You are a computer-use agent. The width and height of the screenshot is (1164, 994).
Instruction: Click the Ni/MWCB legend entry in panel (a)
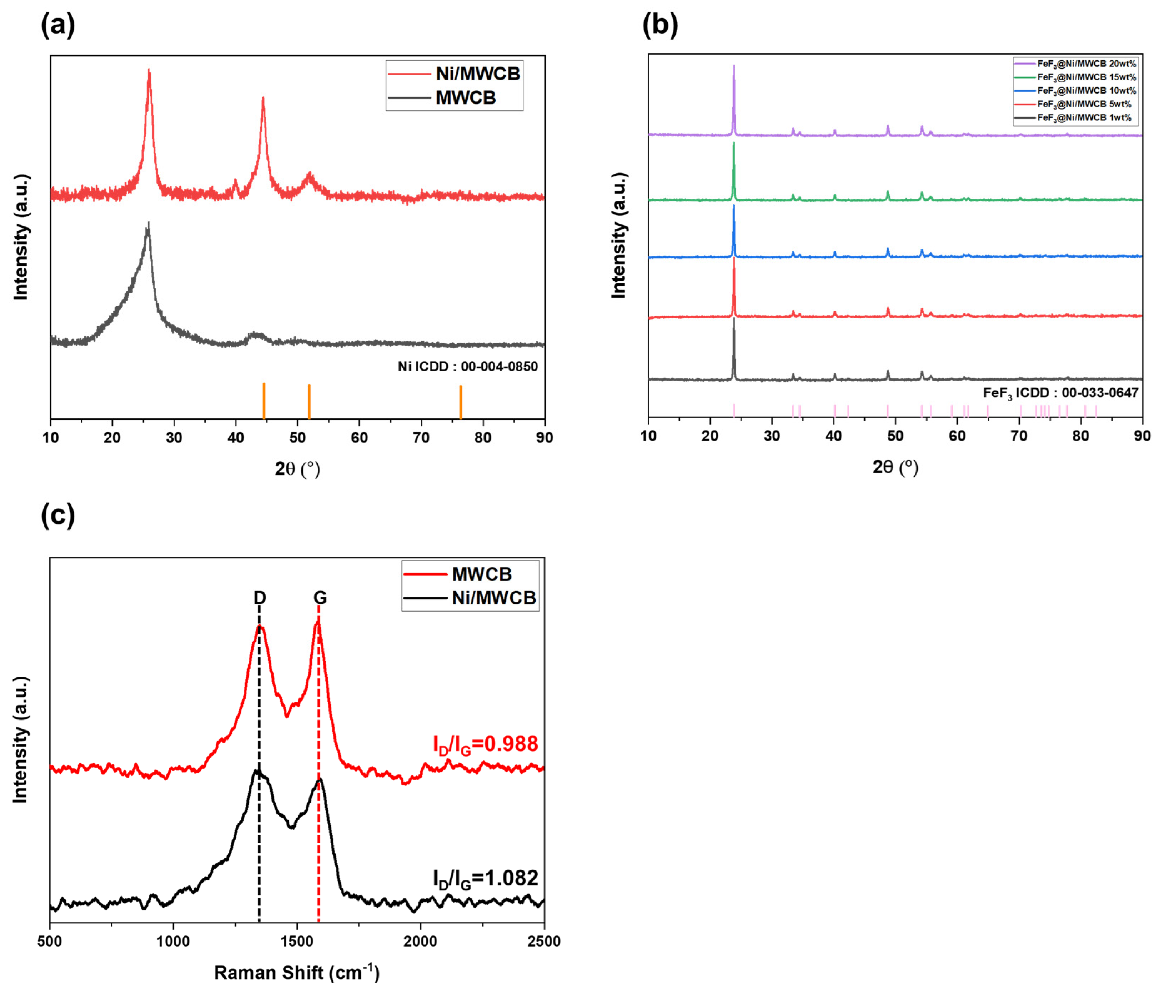[x=477, y=74]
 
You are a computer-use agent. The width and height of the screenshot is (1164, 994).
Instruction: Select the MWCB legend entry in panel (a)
[x=465, y=98]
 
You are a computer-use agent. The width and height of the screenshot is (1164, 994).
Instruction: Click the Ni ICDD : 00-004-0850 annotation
[x=467, y=366]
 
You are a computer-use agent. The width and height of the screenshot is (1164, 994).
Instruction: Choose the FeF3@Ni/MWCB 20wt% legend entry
[x=1086, y=64]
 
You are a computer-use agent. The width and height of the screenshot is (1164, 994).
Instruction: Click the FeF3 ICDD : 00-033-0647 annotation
[x=1060, y=393]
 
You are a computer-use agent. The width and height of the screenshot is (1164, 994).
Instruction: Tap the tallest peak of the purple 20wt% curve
[x=734, y=67]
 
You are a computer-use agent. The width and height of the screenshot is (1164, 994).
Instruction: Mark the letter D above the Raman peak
[x=260, y=597]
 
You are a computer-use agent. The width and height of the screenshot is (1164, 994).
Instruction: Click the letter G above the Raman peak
[x=320, y=597]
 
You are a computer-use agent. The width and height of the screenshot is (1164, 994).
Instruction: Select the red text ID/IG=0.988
[x=485, y=744]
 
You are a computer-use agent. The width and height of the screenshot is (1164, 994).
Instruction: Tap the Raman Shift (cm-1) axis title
[x=297, y=972]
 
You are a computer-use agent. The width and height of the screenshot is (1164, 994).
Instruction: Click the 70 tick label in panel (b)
[x=1018, y=436]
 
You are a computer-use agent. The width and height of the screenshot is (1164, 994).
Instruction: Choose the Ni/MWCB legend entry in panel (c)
[x=493, y=598]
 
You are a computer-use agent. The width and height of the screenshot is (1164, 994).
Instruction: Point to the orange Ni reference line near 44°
[x=264, y=401]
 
